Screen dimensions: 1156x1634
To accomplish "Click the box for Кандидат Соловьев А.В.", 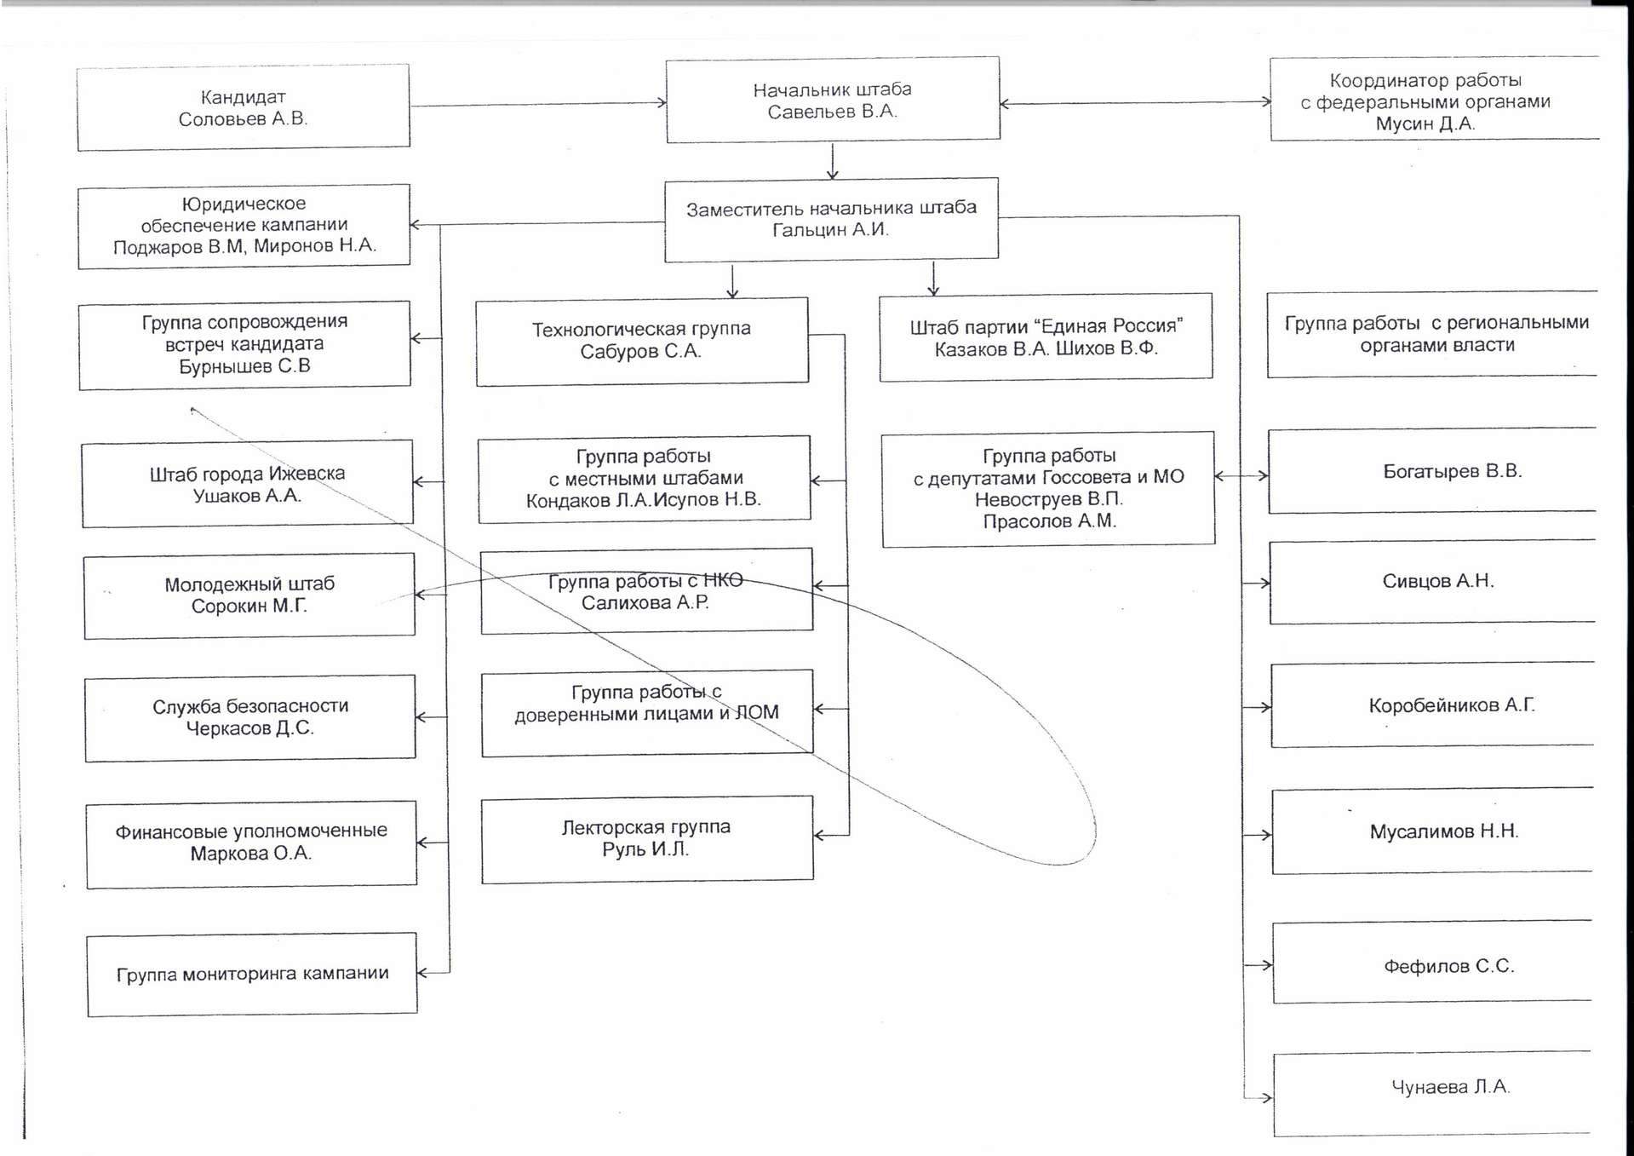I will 244,107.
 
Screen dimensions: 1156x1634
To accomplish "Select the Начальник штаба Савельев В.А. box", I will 832,100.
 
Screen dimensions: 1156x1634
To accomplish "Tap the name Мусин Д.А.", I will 1425,124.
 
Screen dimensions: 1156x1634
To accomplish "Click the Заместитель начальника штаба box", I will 831,219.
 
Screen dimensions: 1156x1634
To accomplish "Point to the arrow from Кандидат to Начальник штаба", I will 537,105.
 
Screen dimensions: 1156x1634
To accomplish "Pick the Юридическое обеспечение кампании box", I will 244,226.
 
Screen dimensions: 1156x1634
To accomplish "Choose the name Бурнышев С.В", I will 244,366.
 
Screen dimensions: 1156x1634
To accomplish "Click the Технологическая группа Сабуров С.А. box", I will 641,341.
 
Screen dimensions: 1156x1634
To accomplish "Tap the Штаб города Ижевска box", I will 248,483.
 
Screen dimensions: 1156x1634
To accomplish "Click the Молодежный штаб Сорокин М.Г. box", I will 249,595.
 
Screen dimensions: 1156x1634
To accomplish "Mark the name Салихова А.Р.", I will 645,603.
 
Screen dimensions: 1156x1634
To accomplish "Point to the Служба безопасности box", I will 250,717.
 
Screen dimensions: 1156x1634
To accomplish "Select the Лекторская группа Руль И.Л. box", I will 646,838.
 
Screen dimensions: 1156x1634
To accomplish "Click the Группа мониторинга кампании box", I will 252,974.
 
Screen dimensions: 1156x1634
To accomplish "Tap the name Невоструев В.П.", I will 1048,499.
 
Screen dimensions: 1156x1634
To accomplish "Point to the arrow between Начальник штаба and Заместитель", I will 833,161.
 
